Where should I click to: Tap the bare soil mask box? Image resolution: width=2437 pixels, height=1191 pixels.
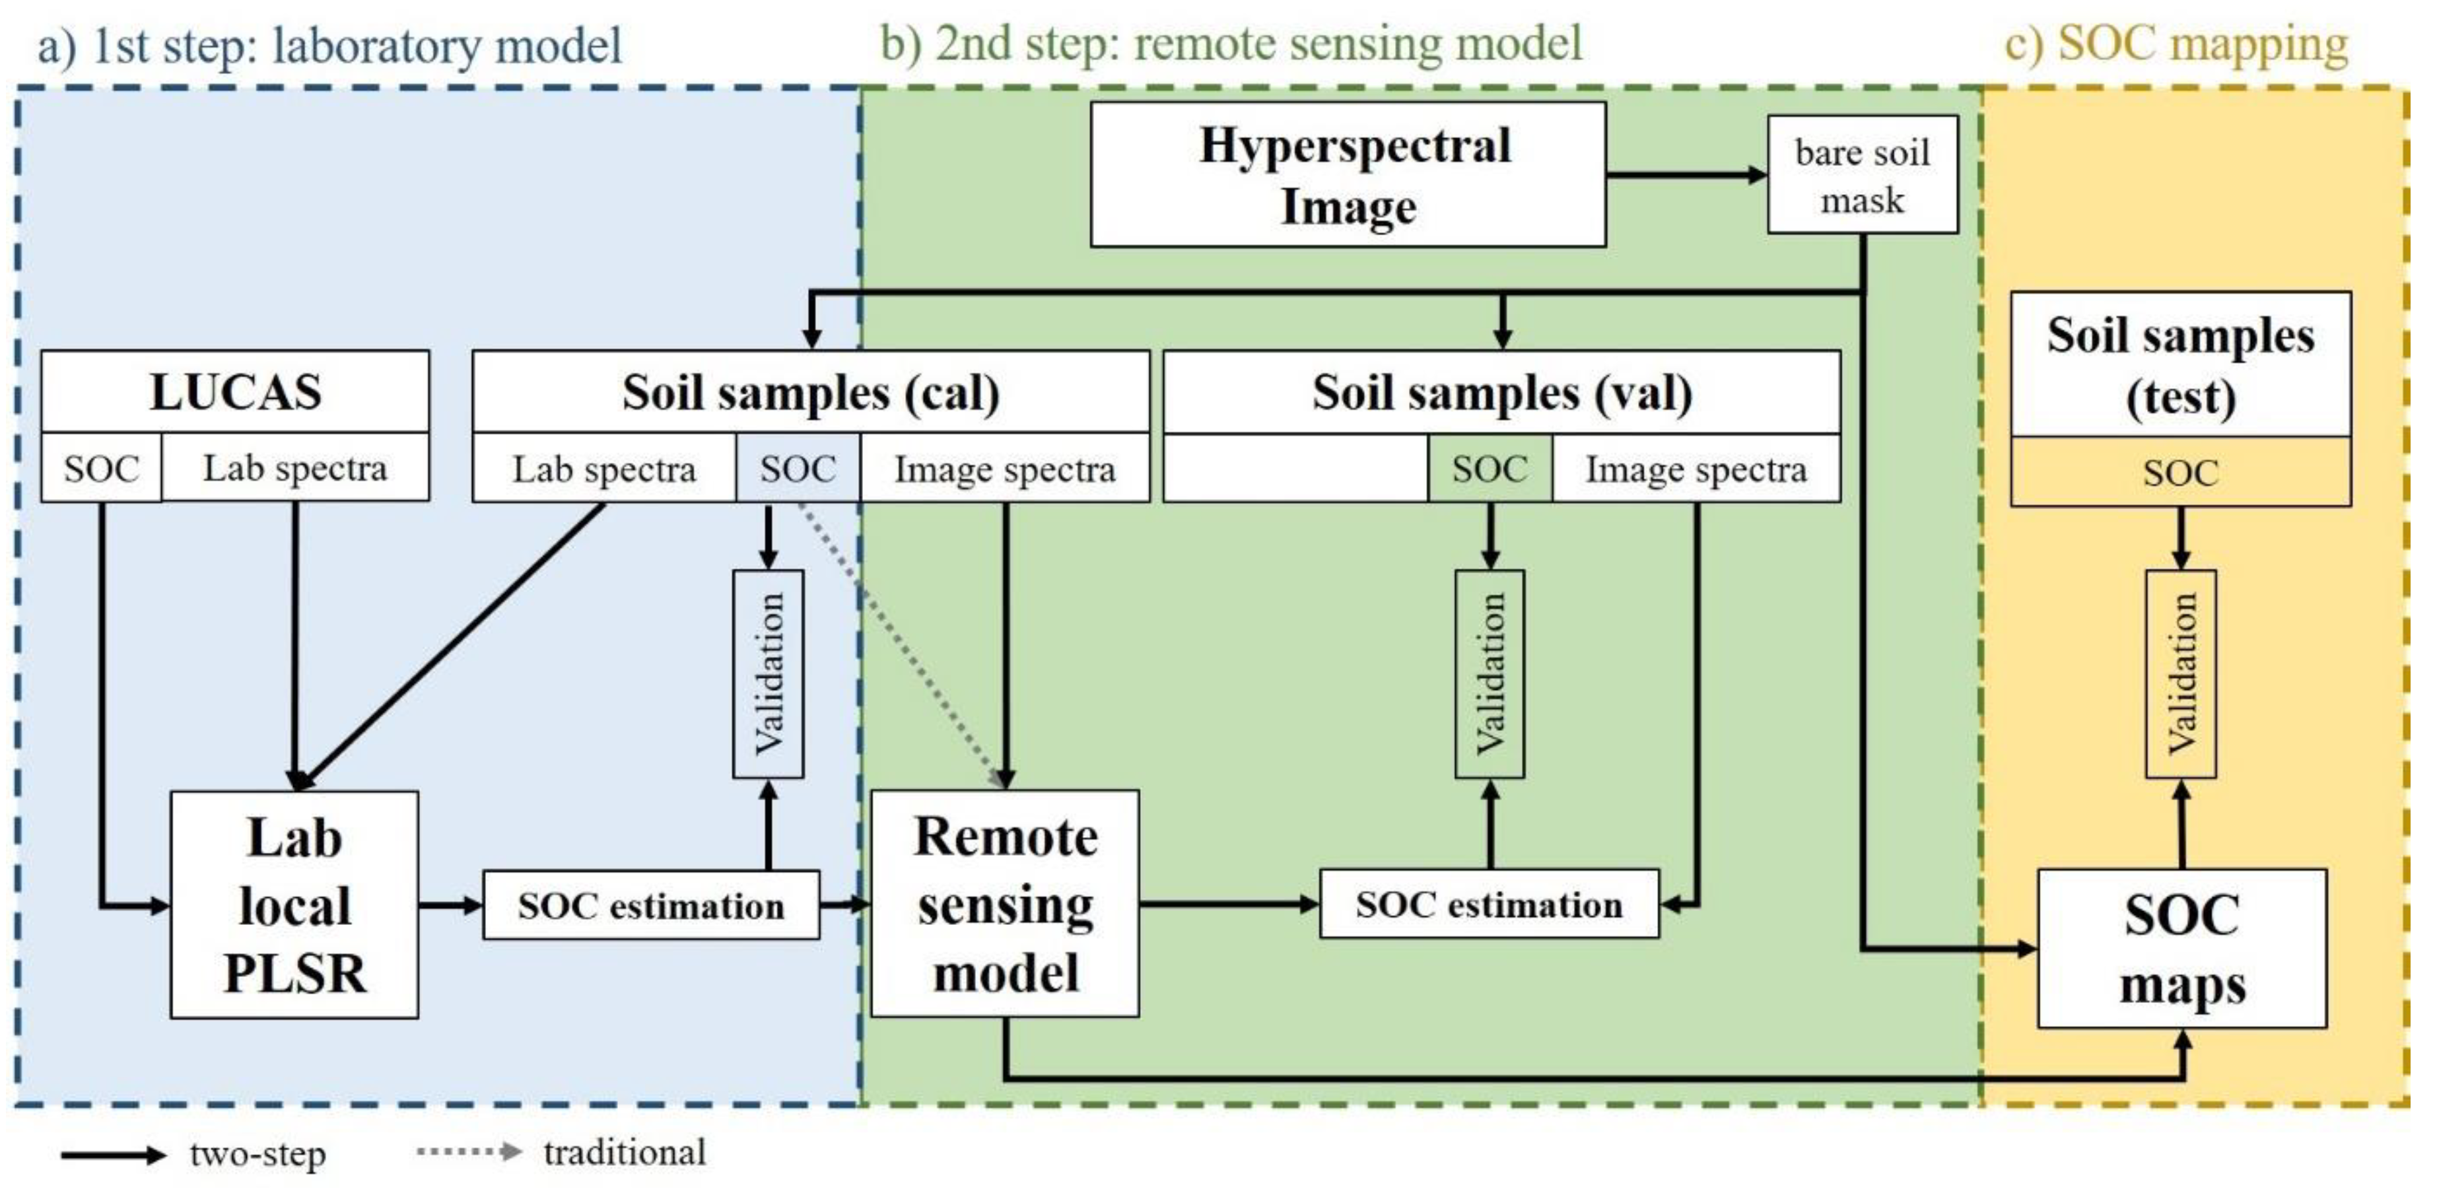coord(1862,175)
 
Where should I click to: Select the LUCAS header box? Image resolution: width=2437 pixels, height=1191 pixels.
coord(234,391)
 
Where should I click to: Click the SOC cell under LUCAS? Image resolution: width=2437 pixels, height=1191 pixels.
coord(100,468)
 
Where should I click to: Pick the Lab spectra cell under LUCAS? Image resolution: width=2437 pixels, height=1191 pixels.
coord(295,468)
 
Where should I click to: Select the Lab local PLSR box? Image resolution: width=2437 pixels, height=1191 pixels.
coord(294,904)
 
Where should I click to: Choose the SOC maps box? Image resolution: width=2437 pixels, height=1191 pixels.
coord(2181,949)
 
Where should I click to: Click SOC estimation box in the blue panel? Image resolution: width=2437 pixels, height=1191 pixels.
coord(651,905)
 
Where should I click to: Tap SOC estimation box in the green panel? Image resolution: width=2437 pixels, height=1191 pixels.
coord(1489,904)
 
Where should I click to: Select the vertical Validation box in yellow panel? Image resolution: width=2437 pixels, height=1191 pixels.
coord(2181,673)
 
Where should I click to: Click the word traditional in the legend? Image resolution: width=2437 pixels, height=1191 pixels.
coord(625,1152)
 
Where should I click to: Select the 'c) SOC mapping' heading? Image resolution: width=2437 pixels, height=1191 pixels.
coord(2176,44)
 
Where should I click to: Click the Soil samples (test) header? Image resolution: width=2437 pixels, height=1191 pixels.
coord(2181,364)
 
